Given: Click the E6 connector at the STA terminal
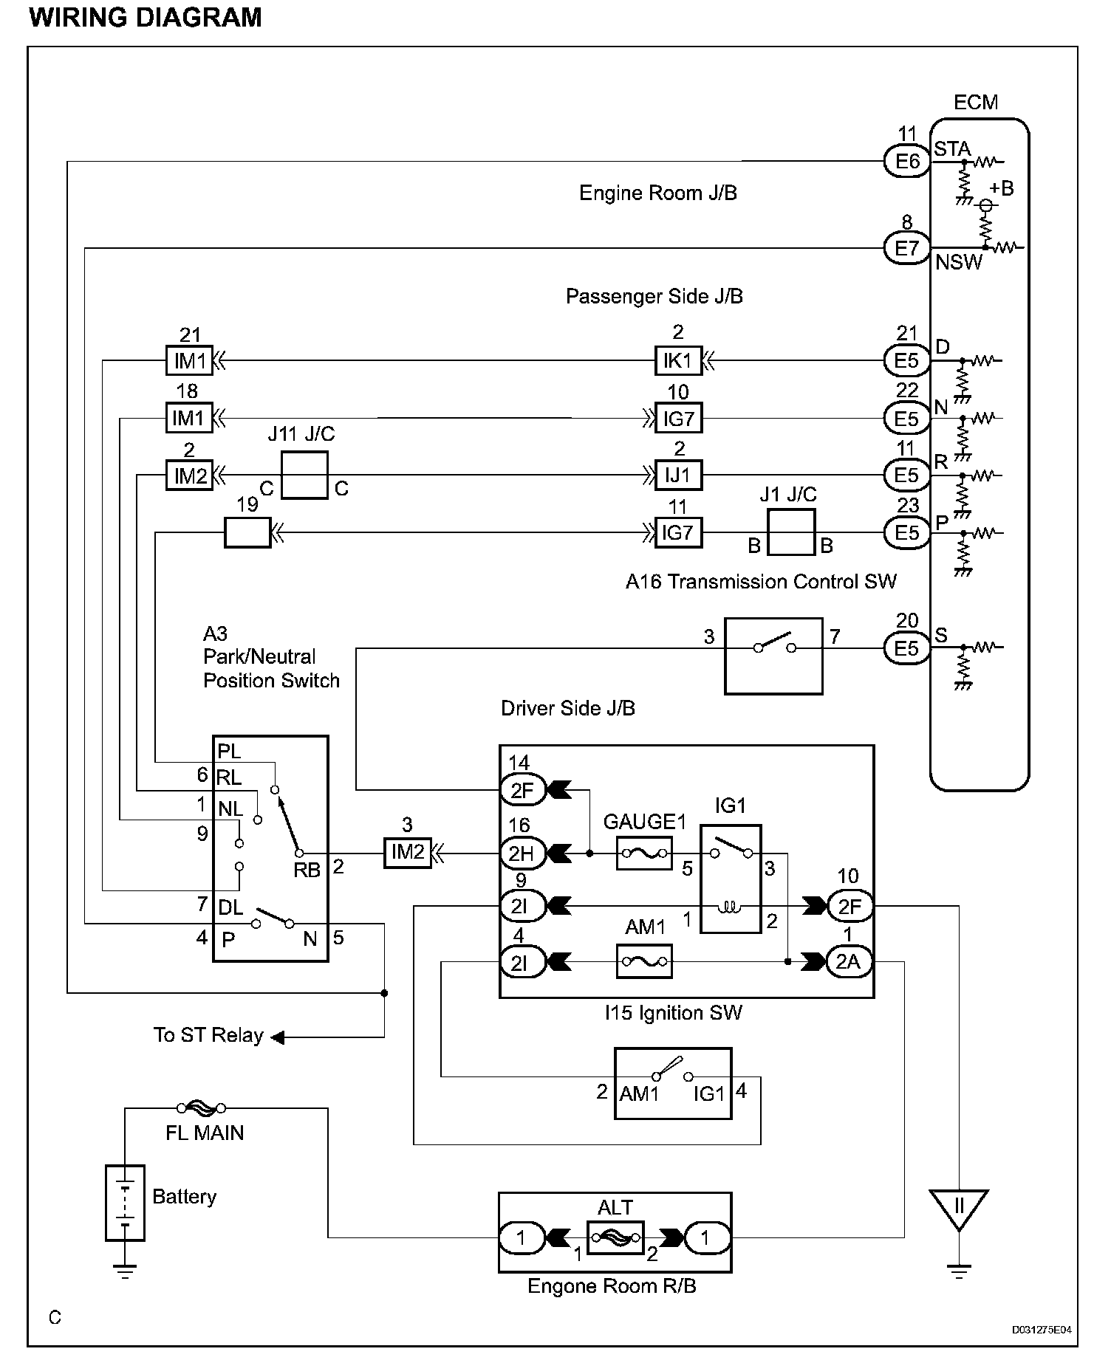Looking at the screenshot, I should (x=906, y=161).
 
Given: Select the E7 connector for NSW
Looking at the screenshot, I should (x=906, y=248).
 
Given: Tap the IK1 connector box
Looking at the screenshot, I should (x=677, y=361).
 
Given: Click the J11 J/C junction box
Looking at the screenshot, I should (x=304, y=475).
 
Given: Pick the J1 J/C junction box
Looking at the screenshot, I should (x=791, y=532).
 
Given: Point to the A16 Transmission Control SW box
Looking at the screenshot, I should (x=773, y=656).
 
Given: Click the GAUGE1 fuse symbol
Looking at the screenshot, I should (x=644, y=854).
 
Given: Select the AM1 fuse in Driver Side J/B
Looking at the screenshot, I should (x=644, y=961).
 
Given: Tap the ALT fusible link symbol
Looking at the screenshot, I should (x=615, y=1237).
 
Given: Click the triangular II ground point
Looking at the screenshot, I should (x=959, y=1208).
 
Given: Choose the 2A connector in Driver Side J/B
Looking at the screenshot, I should (x=849, y=961).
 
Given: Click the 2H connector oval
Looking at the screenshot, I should (x=522, y=854).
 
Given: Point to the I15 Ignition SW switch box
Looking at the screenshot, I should (x=673, y=1083).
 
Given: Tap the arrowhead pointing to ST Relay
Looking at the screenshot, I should (x=278, y=1037).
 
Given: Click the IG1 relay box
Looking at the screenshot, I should (x=731, y=879).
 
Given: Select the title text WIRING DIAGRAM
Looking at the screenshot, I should (x=146, y=17).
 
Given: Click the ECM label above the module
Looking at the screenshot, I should (x=975, y=102).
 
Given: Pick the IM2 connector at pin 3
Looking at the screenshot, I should (x=407, y=854).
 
